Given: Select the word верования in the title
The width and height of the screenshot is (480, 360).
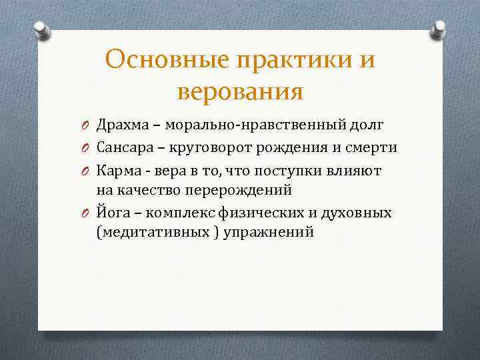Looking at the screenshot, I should (240, 91).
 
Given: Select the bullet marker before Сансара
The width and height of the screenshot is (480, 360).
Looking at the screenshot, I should (87, 148).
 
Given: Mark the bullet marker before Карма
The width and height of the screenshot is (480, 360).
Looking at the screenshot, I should (87, 170).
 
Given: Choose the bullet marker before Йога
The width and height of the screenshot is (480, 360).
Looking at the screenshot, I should (87, 213).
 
